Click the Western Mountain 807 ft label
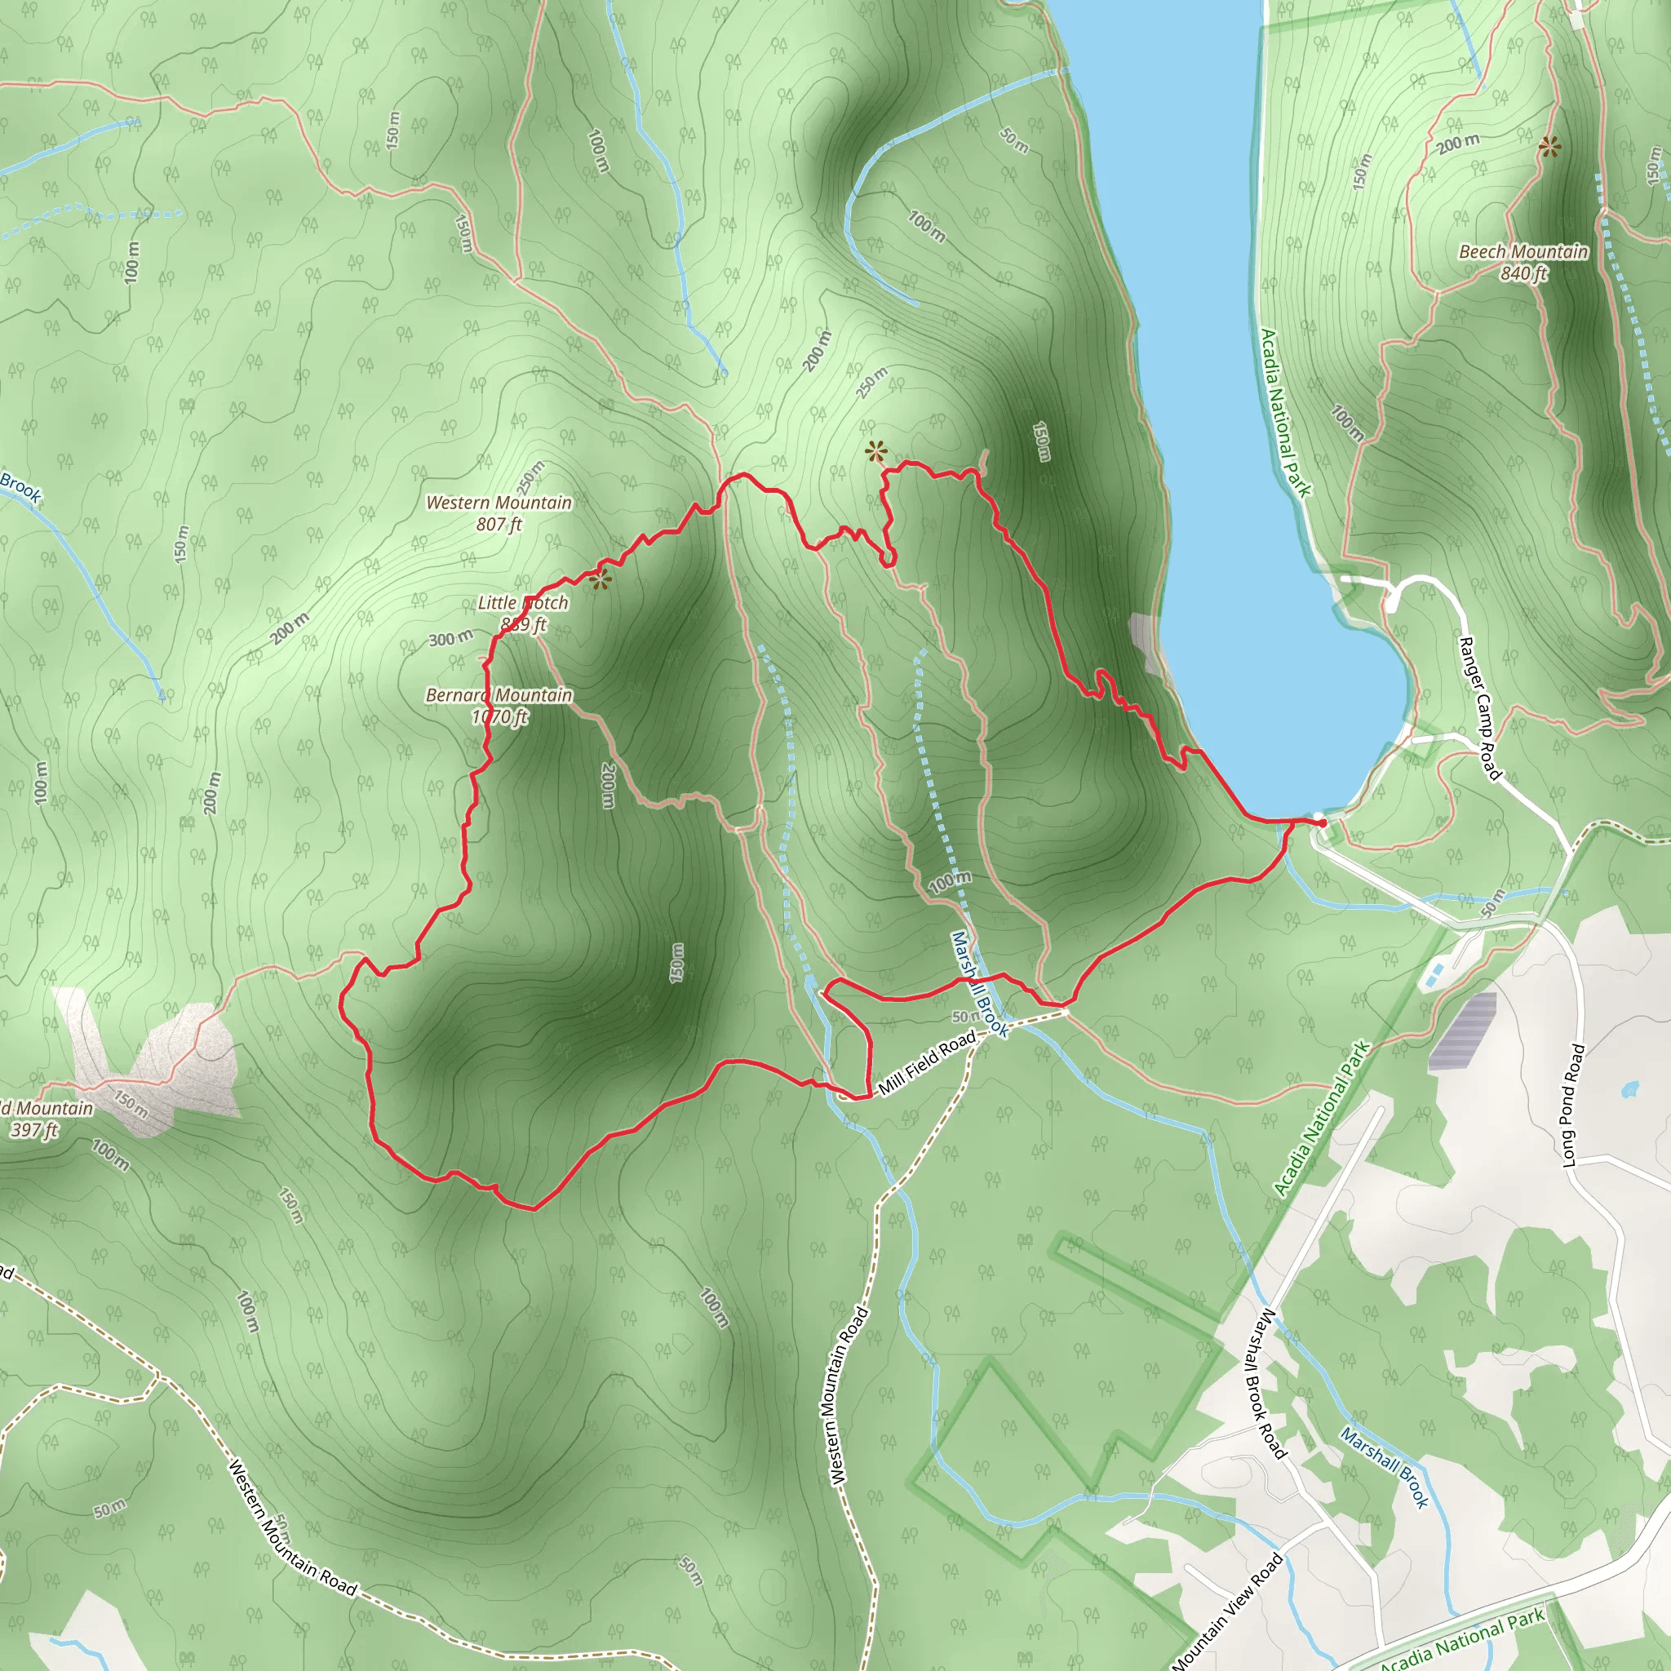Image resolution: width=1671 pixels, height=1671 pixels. click(499, 513)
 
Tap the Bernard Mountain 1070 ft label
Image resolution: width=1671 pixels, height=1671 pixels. click(499, 706)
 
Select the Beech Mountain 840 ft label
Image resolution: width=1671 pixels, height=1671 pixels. click(1523, 262)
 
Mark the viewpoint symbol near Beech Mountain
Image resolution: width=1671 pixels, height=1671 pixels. click(1549, 148)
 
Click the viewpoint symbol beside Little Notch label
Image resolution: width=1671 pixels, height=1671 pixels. click(601, 578)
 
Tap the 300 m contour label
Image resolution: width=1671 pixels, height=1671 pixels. click(450, 639)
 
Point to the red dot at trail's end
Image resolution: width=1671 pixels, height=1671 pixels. click(1323, 822)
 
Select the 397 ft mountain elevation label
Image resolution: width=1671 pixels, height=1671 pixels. click(34, 1130)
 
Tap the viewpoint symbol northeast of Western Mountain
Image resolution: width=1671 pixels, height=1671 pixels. click(875, 450)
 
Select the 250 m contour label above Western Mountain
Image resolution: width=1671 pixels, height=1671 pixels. click(532, 475)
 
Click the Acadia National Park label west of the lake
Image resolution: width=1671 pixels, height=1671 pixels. click(1285, 413)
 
